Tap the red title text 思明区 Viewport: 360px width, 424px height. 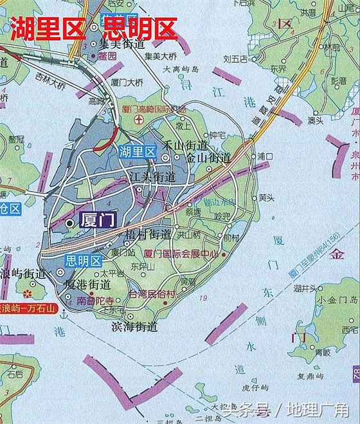coord(134,30)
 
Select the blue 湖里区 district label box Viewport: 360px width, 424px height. coord(137,152)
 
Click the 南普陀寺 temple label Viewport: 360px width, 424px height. coord(95,300)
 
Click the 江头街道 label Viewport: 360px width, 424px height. coord(152,176)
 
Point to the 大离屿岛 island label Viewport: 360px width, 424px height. coord(182,68)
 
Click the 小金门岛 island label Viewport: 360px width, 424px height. coord(337,300)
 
